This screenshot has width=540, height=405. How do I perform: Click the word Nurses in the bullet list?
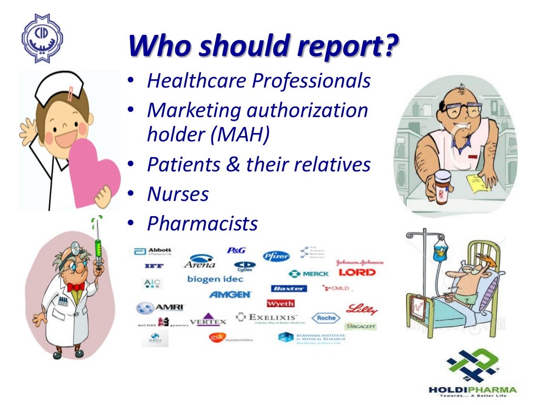click(178, 195)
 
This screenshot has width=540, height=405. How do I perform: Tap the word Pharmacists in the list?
click(202, 224)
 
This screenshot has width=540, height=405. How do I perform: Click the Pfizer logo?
click(276, 256)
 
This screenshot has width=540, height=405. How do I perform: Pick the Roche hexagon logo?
click(325, 318)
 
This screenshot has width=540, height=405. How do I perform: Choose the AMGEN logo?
click(230, 294)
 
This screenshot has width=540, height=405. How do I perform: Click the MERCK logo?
click(309, 274)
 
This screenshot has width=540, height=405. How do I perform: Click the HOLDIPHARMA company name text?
click(472, 390)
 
